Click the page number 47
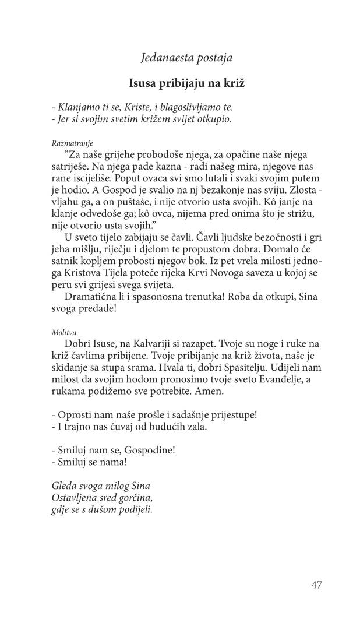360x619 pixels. tap(316, 585)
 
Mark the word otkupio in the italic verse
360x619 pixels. tap(214, 119)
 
